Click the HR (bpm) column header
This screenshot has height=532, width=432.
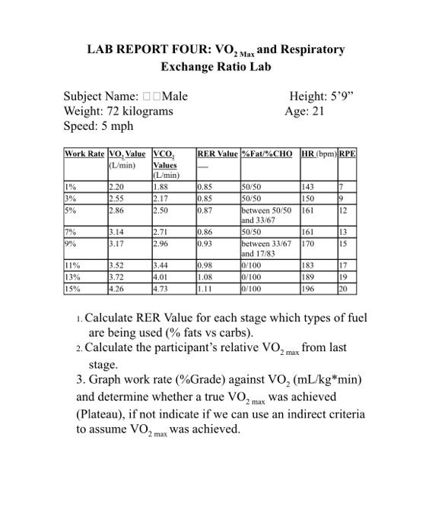tap(318, 154)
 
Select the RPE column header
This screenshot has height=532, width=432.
tap(348, 154)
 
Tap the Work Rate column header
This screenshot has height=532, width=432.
tap(84, 154)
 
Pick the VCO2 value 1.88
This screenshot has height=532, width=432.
tap(160, 186)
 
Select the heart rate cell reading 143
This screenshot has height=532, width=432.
tap(309, 186)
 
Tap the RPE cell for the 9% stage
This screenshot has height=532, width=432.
tap(344, 245)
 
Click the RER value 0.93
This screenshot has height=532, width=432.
tap(205, 245)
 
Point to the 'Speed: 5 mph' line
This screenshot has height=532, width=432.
tap(98, 125)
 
